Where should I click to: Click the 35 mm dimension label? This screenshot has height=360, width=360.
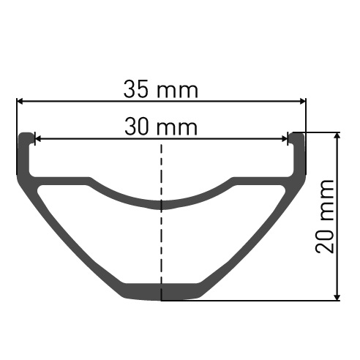(x=161, y=89)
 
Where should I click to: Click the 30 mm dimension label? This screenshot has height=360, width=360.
(x=161, y=127)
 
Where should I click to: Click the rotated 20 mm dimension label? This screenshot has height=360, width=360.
(x=325, y=217)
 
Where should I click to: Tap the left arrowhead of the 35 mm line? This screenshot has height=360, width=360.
(x=20, y=101)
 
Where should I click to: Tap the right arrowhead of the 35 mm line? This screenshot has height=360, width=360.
(x=303, y=101)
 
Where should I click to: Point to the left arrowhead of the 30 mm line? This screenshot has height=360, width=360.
(x=38, y=139)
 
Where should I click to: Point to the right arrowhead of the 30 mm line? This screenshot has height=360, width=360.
(x=285, y=139)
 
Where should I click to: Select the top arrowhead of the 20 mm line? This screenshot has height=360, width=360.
(x=337, y=136)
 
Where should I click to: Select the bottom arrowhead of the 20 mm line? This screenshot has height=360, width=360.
(x=337, y=297)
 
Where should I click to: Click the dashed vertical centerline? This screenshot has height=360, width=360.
(x=161, y=222)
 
